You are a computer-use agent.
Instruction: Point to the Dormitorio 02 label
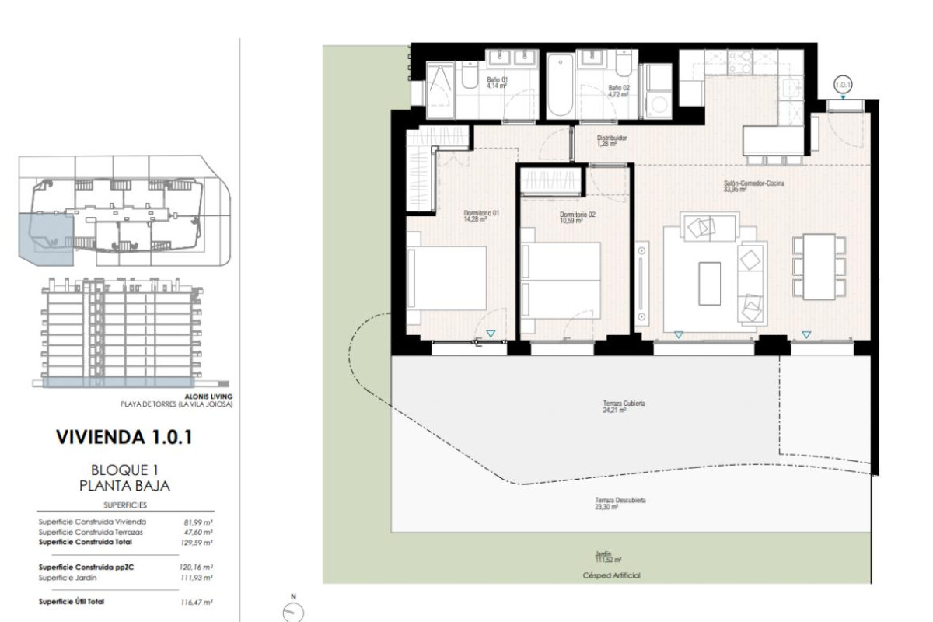click(577, 217)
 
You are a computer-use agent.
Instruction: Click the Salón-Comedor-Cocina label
click(753, 185)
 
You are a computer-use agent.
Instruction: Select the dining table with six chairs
click(819, 266)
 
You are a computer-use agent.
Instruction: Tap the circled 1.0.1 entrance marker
click(843, 84)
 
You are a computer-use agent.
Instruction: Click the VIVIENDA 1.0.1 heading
click(124, 437)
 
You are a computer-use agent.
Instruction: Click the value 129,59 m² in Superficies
click(197, 542)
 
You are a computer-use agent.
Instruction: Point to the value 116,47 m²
click(197, 602)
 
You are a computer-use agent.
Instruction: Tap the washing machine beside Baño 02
click(658, 104)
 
